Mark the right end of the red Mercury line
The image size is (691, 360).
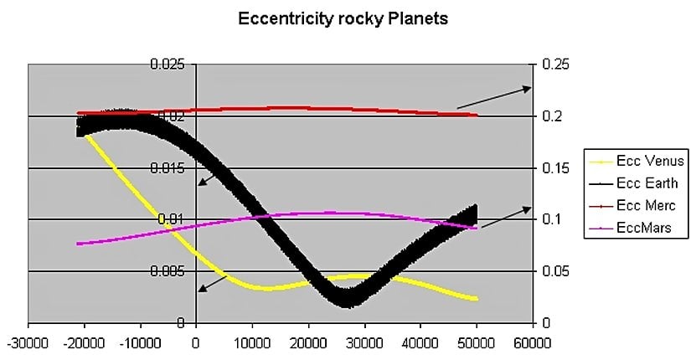pos(477,115)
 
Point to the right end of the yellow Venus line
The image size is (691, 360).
pos(477,299)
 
